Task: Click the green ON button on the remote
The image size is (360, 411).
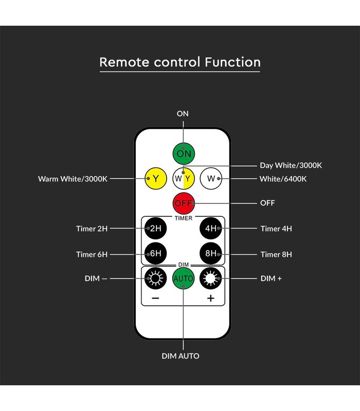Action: pyautogui.click(x=184, y=154)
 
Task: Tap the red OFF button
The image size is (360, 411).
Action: pyautogui.click(x=184, y=203)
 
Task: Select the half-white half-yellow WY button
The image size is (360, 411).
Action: pyautogui.click(x=184, y=178)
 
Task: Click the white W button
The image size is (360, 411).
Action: pyautogui.click(x=211, y=178)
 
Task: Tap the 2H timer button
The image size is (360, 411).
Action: pyautogui.click(x=156, y=228)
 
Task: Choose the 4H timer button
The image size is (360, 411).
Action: pyautogui.click(x=211, y=228)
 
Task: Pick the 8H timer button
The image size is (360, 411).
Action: pyautogui.click(x=211, y=253)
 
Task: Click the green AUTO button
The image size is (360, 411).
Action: pyautogui.click(x=184, y=278)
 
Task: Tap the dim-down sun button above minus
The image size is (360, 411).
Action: pyautogui.click(x=156, y=278)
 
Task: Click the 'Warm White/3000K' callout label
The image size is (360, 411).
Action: pyautogui.click(x=73, y=179)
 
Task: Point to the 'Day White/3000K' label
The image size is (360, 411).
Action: pyautogui.click(x=291, y=165)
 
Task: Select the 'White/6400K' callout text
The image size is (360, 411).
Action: pyautogui.click(x=283, y=179)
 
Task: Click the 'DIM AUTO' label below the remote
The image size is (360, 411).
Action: pyautogui.click(x=181, y=356)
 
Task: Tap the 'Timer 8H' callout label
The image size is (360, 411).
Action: pyautogui.click(x=276, y=254)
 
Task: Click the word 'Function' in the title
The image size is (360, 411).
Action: pyautogui.click(x=232, y=62)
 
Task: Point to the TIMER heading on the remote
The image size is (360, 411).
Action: pyautogui.click(x=184, y=218)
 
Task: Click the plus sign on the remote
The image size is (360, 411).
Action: pyautogui.click(x=211, y=298)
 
